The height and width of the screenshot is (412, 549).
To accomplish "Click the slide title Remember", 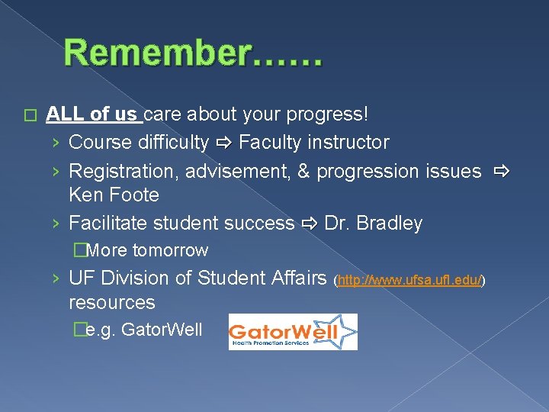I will tap(193, 54).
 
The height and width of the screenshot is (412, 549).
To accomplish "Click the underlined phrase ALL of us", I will tap(91, 114).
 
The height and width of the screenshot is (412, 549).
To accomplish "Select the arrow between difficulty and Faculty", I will tap(223, 143).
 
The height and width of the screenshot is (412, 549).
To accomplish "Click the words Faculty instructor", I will tap(314, 143).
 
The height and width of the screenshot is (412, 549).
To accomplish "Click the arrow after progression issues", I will tap(499, 172).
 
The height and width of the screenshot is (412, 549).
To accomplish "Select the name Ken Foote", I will tap(114, 195).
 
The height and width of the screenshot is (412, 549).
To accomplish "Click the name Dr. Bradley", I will tap(373, 224).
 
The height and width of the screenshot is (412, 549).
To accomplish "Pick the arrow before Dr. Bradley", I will tap(309, 224).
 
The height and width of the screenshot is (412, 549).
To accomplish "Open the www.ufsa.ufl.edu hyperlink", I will tap(410, 281).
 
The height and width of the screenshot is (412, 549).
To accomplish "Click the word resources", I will tap(111, 302).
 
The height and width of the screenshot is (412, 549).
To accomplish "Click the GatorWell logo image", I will tap(293, 332).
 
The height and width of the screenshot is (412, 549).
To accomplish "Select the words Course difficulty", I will tap(138, 143).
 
